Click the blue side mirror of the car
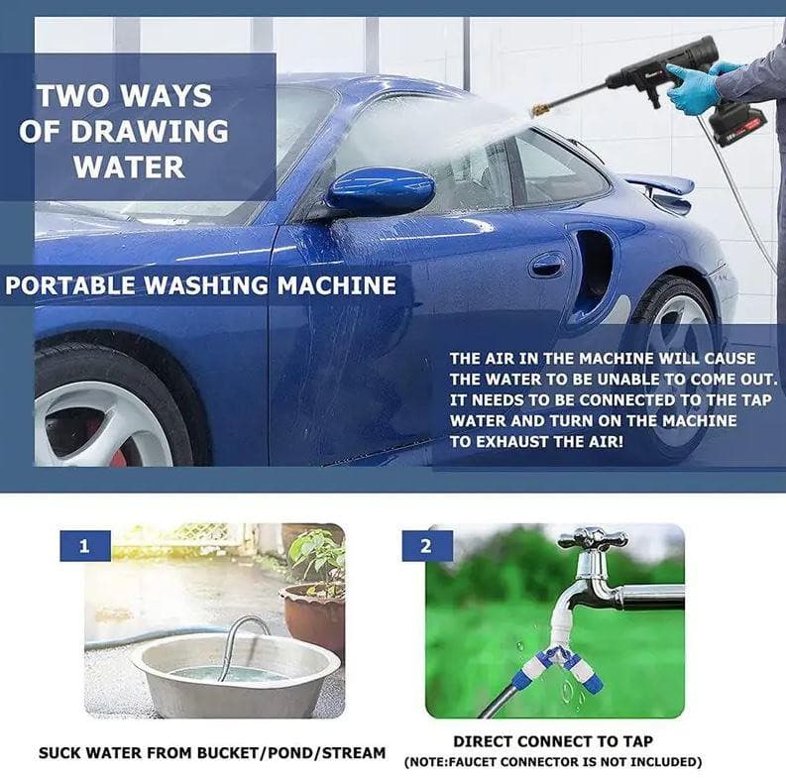381,190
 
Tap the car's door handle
546,265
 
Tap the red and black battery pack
739,123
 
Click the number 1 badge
84,545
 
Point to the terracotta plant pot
312,614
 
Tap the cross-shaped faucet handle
592,539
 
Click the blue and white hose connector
562,662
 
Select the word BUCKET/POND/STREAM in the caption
291,753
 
